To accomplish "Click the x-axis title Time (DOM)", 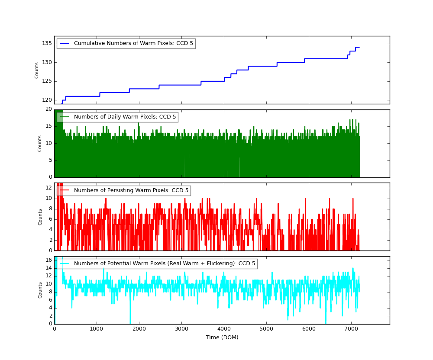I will (222, 337).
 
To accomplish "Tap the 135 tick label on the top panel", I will (47, 43).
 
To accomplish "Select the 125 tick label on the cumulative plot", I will (47, 81).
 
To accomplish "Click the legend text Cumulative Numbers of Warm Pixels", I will (133, 43).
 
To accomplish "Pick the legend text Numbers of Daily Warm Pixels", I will (125, 117).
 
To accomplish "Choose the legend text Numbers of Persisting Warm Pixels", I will (131, 190).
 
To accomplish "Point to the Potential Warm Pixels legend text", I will (165, 264).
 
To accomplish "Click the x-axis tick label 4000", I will (224, 329).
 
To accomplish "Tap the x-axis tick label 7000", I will (351, 329).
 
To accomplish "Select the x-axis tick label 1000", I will (97, 329).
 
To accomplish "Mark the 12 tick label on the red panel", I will (48, 188).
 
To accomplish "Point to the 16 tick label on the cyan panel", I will (48, 260).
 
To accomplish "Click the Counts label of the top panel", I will (37, 70).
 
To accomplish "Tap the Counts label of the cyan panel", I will (40, 290).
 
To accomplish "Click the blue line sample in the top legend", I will (65, 43).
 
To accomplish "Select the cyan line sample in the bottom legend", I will (65, 264).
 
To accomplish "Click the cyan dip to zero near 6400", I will (326, 323).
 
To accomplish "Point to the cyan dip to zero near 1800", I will (130, 323).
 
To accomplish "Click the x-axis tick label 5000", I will (266, 329).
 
